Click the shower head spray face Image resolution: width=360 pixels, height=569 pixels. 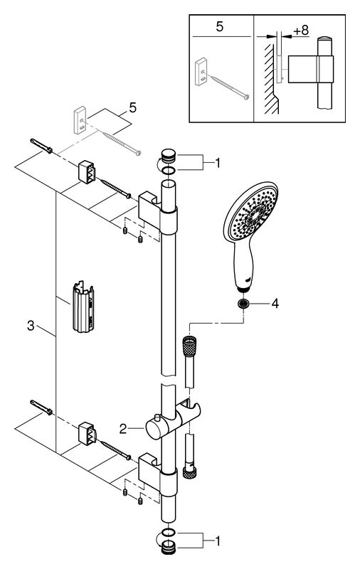click(x=251, y=211)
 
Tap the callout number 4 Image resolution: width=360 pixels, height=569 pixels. click(x=275, y=304)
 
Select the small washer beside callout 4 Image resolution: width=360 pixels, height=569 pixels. click(x=243, y=304)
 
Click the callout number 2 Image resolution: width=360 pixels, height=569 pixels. click(x=123, y=429)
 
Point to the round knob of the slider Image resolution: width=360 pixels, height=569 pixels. click(x=154, y=430)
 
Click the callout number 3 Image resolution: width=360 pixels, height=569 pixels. click(x=31, y=326)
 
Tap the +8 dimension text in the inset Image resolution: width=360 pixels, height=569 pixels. click(x=301, y=31)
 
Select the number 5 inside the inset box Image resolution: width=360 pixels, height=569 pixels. click(x=220, y=27)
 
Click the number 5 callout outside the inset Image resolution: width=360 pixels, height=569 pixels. click(x=133, y=107)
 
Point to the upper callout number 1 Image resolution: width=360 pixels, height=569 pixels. click(x=218, y=164)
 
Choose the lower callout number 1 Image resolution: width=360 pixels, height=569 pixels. click(x=218, y=541)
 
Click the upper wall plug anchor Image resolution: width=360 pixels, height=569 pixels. click(x=41, y=146)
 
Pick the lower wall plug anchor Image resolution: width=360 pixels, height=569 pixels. click(x=41, y=407)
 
